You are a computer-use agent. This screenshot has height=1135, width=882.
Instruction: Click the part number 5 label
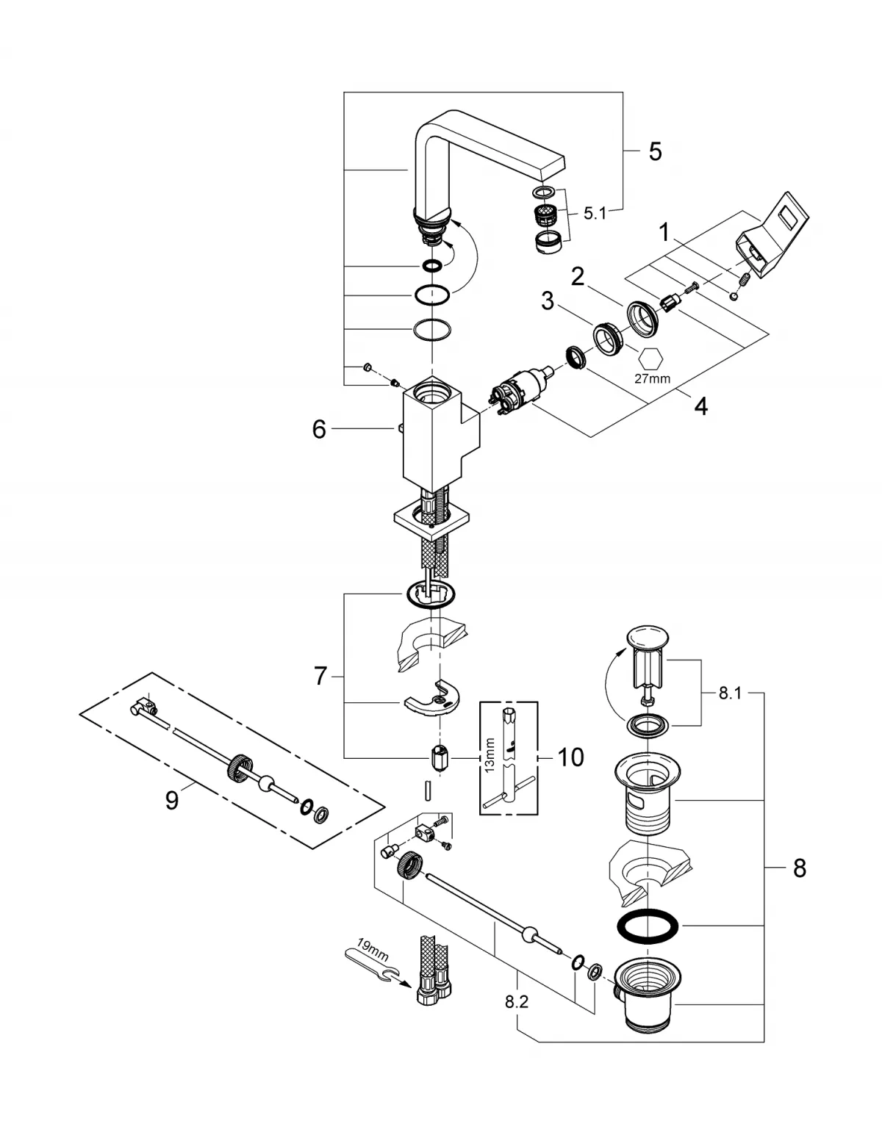point(655,151)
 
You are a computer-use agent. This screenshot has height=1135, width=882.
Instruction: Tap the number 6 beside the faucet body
point(318,429)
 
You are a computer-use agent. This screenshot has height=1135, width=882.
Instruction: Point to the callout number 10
point(570,757)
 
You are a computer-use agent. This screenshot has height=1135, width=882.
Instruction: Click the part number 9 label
point(171,799)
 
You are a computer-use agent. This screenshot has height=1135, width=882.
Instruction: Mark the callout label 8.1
point(730,693)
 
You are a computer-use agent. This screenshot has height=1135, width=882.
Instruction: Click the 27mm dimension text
point(653,379)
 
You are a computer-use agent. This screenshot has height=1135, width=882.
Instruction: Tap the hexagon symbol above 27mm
point(651,358)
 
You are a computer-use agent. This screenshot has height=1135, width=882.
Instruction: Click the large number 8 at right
point(799,869)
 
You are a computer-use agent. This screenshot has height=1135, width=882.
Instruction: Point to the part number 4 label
point(700,406)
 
